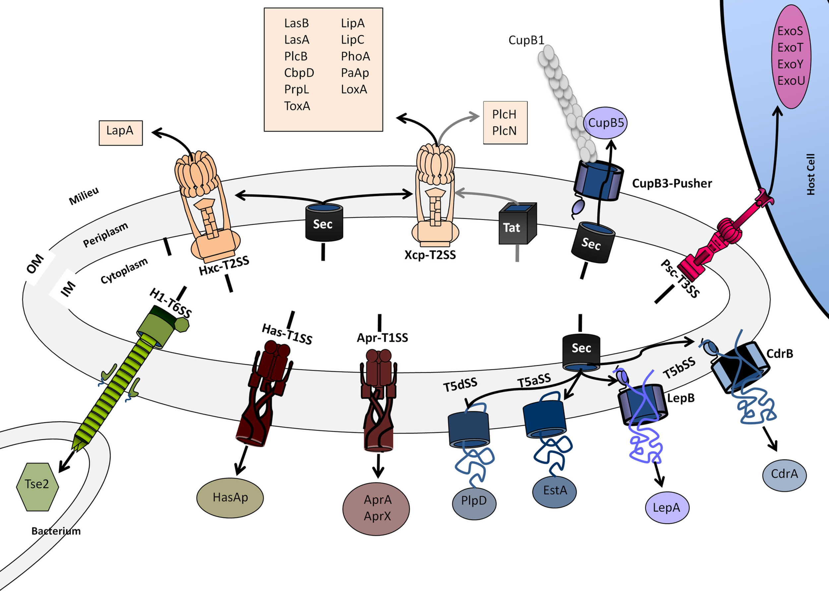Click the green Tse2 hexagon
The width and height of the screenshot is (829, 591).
pos(37,487)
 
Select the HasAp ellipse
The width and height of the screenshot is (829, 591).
pos(230,498)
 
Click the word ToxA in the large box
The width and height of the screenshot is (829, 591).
pos(297,106)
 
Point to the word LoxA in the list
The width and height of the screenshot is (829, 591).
pos(353,89)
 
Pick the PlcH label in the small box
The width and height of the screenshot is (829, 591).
pos(504,114)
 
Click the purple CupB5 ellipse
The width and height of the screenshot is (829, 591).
pos(605,123)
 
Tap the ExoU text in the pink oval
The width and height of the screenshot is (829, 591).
pos(791,81)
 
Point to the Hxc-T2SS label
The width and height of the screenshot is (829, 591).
pos(224,266)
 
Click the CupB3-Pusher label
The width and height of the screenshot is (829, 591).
pos(672,183)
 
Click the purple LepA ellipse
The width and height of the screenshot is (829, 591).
pos(667,508)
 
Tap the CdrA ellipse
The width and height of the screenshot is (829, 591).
pos(784,475)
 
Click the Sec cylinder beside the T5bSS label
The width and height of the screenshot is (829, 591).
pos(581,351)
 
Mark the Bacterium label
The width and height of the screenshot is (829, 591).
pos(56,531)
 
